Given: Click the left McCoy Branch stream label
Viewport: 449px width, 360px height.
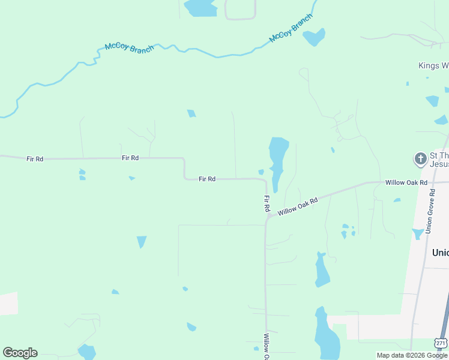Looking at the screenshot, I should (129, 47).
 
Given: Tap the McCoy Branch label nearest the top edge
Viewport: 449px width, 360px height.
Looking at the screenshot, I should (291, 28).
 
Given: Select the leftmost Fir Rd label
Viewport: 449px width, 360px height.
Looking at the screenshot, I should (35, 159).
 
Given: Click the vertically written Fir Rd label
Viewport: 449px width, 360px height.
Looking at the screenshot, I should (267, 203).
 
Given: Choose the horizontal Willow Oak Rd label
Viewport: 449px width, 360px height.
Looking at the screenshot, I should (406, 182).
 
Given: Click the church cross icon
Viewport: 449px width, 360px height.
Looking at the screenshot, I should (420, 159).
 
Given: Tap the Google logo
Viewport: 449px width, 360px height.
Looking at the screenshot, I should (20, 353).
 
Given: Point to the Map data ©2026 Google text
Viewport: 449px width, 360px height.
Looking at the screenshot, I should (412, 355).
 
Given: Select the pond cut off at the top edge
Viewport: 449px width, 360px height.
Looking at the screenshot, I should (200, 7).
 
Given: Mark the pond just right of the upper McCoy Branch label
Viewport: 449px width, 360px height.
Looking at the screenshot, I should (314, 37).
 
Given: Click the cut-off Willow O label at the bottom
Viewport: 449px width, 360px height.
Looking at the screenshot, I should (266, 347).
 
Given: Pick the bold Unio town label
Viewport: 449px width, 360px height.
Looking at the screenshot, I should (440, 253).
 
